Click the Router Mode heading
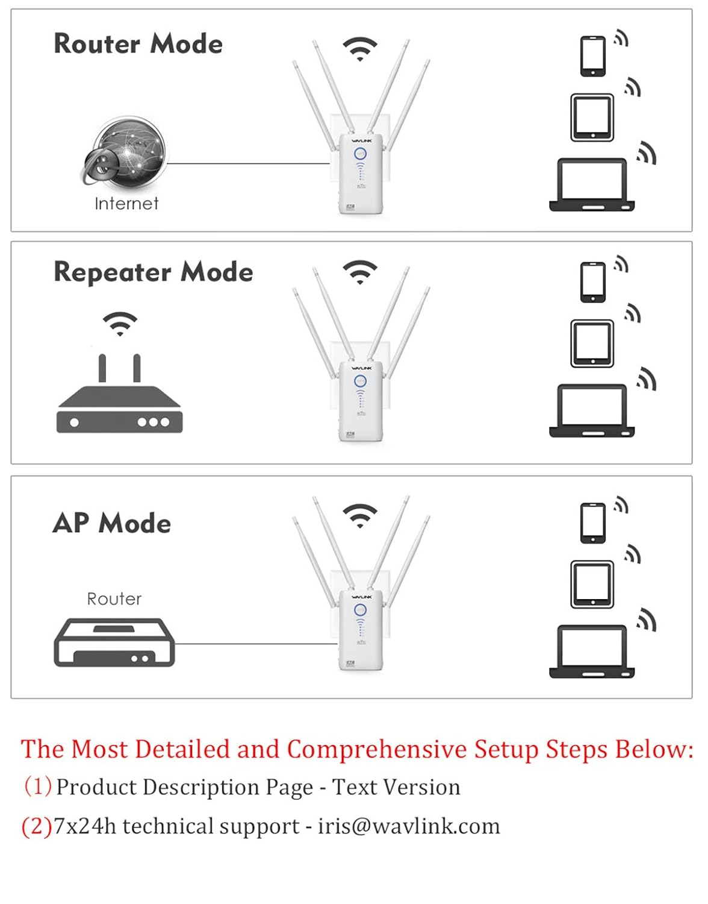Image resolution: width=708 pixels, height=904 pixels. (x=138, y=44)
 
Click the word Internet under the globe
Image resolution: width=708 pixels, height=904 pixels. (x=126, y=204)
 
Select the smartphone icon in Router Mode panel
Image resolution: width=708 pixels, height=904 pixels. (x=592, y=56)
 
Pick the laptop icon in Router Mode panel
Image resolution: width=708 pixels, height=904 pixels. (x=592, y=184)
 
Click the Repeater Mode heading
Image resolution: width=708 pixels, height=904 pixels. (x=153, y=272)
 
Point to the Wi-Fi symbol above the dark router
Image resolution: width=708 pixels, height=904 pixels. (x=120, y=323)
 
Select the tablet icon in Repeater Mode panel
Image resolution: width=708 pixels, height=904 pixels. (x=592, y=344)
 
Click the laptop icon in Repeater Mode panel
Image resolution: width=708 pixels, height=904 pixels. (x=592, y=410)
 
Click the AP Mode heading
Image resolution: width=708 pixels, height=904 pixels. (x=112, y=523)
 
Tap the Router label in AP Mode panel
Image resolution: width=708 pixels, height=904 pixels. (x=114, y=599)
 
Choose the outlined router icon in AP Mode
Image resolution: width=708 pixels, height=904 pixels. (x=114, y=642)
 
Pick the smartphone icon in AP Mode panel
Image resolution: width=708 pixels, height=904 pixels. (x=592, y=523)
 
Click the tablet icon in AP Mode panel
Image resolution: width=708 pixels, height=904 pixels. (x=592, y=584)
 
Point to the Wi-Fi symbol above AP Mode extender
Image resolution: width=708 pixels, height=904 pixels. (x=359, y=515)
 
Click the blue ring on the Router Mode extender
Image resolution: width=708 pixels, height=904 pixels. (x=360, y=154)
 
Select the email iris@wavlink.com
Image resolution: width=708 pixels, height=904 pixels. (x=409, y=826)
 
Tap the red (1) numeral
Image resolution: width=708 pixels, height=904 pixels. (x=37, y=786)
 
